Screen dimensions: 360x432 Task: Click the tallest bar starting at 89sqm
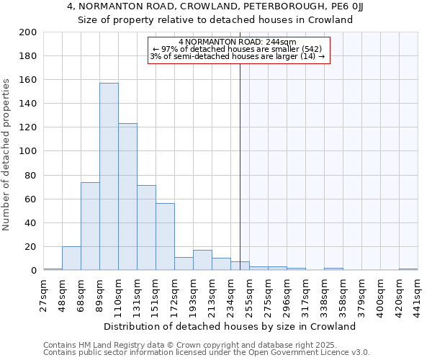tap(109, 176)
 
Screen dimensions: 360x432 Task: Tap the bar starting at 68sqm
tap(90, 226)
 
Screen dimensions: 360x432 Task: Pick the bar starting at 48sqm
tap(71, 258)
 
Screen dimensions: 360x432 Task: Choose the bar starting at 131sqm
tap(146, 228)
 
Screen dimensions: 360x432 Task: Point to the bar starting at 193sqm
tap(202, 260)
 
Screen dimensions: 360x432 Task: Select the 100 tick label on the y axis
tap(29, 151)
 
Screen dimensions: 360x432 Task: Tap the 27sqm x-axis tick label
tap(44, 294)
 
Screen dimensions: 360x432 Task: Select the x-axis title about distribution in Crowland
tap(235, 326)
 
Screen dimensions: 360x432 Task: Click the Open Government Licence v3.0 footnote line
tap(207, 352)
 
